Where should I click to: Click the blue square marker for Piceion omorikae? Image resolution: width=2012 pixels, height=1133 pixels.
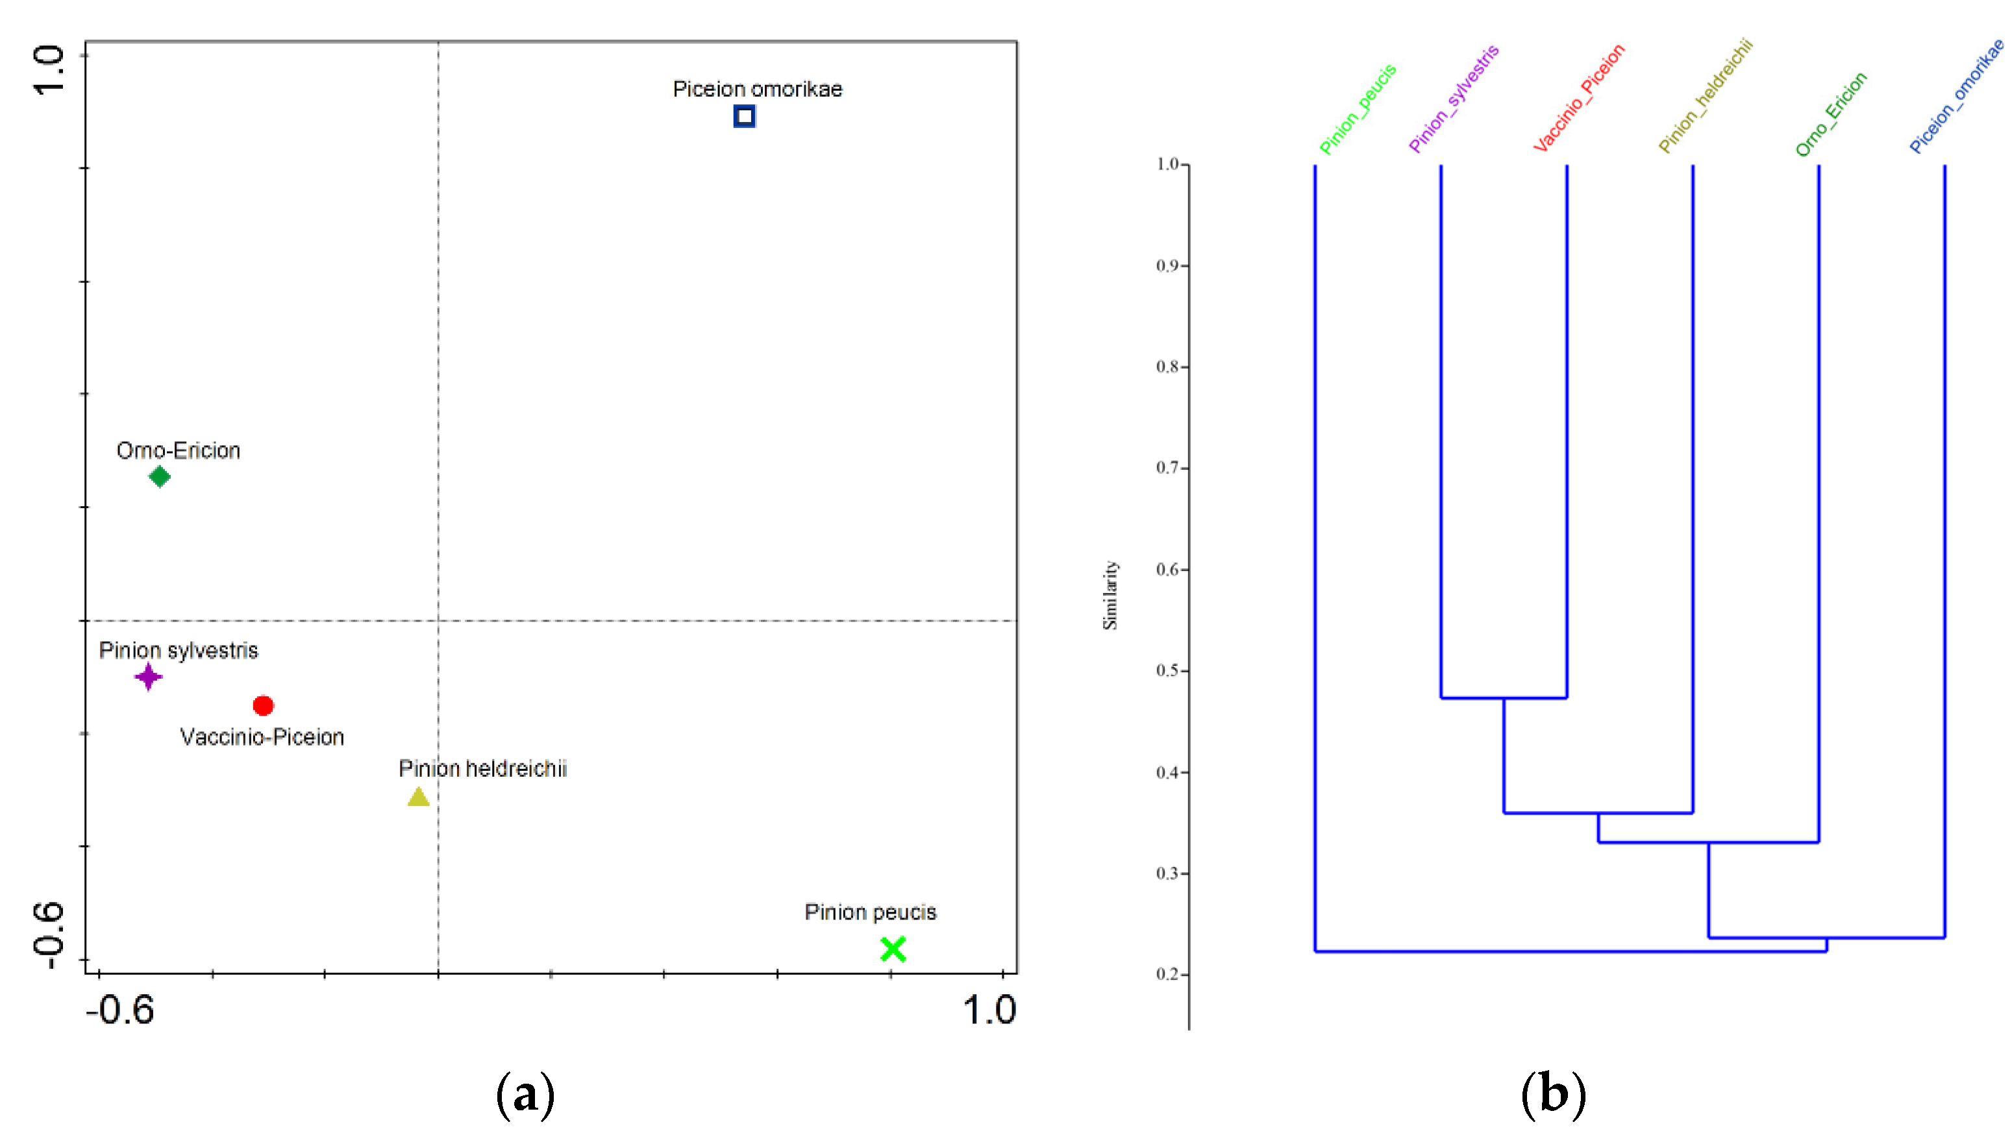[744, 116]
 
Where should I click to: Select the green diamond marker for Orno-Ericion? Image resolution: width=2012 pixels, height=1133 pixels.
[159, 476]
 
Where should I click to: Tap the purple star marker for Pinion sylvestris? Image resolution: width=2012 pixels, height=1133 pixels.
[149, 676]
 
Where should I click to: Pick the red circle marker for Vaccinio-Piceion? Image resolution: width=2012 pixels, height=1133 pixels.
[263, 706]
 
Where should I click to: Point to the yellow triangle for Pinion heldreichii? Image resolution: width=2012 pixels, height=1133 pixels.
[419, 798]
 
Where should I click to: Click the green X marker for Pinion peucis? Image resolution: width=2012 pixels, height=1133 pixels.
[893, 949]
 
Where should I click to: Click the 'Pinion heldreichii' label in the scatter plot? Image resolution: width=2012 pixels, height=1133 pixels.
[482, 769]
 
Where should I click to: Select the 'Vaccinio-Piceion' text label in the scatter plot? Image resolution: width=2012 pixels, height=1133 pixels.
[262, 737]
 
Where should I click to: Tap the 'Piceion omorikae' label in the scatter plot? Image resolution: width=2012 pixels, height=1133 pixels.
[758, 89]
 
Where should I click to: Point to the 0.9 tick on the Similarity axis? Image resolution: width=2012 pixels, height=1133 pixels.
[1168, 265]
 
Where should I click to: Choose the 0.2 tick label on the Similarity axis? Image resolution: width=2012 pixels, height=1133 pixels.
[1168, 975]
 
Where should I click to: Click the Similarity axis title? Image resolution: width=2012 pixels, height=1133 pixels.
[1110, 595]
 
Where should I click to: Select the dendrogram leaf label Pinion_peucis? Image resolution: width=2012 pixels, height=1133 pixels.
[1358, 109]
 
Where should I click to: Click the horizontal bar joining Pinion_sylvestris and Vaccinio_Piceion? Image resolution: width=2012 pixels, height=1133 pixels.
[1504, 698]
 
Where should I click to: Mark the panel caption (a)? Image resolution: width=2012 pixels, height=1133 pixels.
[526, 1095]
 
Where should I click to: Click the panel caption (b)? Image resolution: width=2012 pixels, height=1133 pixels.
[1553, 1095]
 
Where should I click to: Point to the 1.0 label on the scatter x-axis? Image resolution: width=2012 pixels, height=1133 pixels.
[989, 1010]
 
